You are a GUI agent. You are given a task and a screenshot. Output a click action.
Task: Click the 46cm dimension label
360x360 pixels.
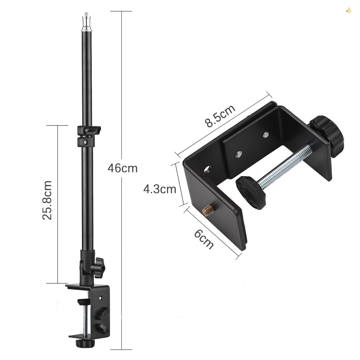[x=122, y=168]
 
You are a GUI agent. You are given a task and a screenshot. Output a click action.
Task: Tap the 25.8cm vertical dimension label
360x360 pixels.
[x=47, y=200]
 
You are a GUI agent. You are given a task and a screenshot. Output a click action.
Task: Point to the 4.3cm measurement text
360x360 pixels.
[x=160, y=189]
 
